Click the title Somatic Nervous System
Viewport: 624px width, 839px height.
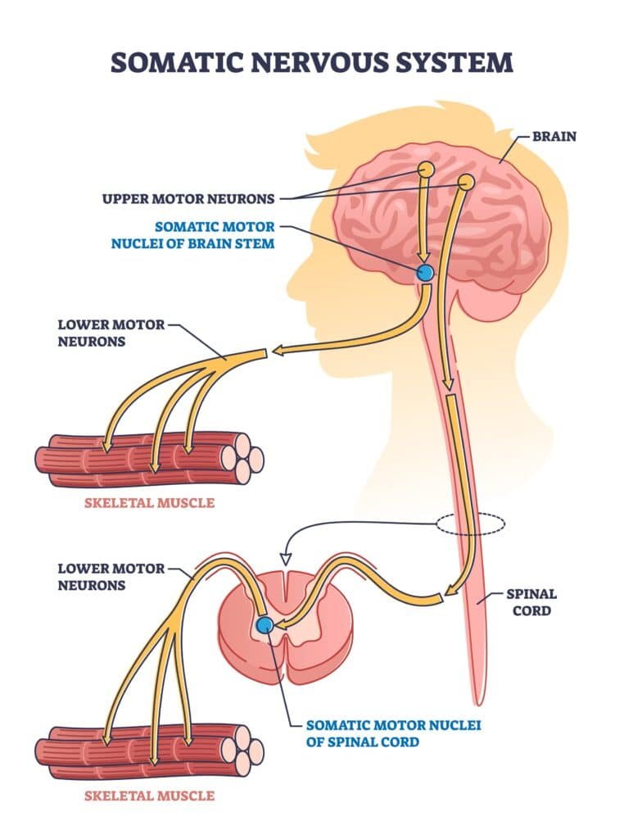(x=312, y=63)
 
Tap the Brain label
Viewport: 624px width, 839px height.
(x=554, y=136)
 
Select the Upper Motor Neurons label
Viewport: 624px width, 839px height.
(x=188, y=197)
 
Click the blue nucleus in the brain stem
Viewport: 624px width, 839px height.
(x=425, y=274)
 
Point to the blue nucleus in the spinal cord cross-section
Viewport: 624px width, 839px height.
(x=264, y=626)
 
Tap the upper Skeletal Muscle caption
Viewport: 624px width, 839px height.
(x=150, y=502)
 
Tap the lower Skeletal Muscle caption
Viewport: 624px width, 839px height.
(x=150, y=795)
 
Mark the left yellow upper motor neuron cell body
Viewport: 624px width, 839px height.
(x=426, y=170)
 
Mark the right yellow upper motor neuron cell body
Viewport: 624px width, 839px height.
(x=465, y=181)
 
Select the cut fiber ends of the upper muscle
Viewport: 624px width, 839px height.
(x=243, y=456)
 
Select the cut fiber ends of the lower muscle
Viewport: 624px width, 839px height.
(x=243, y=748)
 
